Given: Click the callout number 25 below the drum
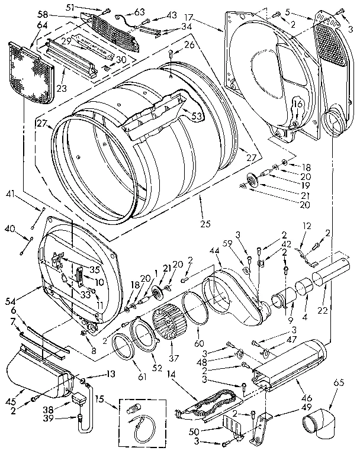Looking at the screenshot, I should (x=204, y=224).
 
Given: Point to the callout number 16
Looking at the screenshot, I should (x=299, y=105).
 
